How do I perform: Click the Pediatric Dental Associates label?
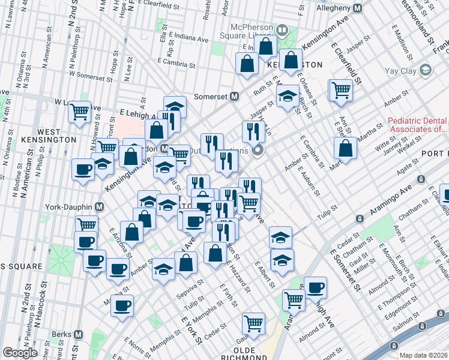pos(418,124)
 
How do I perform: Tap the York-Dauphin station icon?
pos(100,207)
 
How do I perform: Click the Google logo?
pos(20,353)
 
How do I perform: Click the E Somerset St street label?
pos(348,271)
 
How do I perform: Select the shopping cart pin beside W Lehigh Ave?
pos(79,112)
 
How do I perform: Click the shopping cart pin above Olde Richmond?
pos(254,324)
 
